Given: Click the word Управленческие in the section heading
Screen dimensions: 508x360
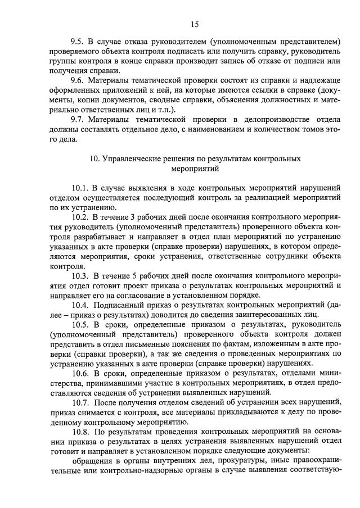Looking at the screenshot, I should click(x=129, y=159).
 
